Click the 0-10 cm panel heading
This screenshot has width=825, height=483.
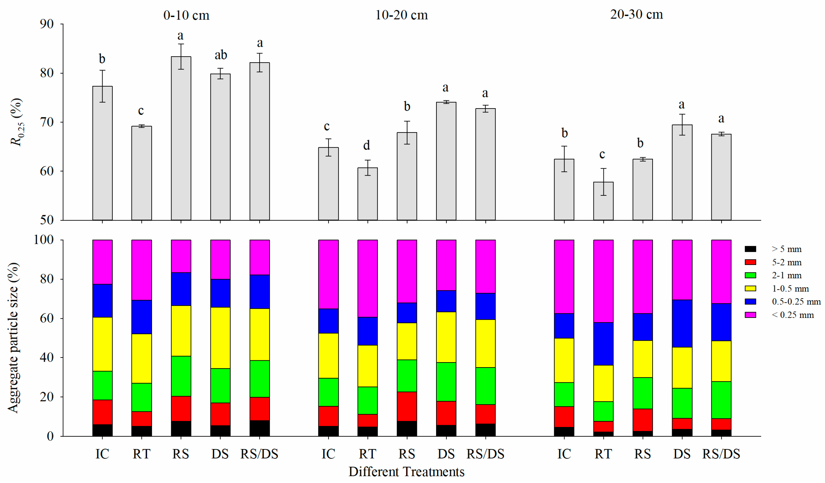point(186,15)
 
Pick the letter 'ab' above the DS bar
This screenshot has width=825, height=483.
point(221,55)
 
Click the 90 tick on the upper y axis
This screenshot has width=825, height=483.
point(47,24)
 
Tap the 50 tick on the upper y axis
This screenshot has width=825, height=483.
point(47,220)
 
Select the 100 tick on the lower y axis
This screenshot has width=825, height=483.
point(43,240)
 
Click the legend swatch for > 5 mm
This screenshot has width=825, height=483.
point(750,249)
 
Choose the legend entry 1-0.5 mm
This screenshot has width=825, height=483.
point(790,289)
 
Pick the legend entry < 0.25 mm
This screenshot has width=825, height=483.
point(792,315)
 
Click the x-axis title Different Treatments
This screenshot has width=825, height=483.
point(406,472)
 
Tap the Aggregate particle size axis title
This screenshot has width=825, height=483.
point(13,337)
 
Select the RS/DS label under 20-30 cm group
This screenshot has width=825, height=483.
point(721,454)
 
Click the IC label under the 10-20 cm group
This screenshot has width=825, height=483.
point(328,454)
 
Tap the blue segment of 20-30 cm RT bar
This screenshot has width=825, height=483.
point(603,344)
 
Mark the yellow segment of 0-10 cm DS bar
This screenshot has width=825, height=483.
point(220,338)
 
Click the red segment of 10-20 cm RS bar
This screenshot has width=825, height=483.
point(407,406)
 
